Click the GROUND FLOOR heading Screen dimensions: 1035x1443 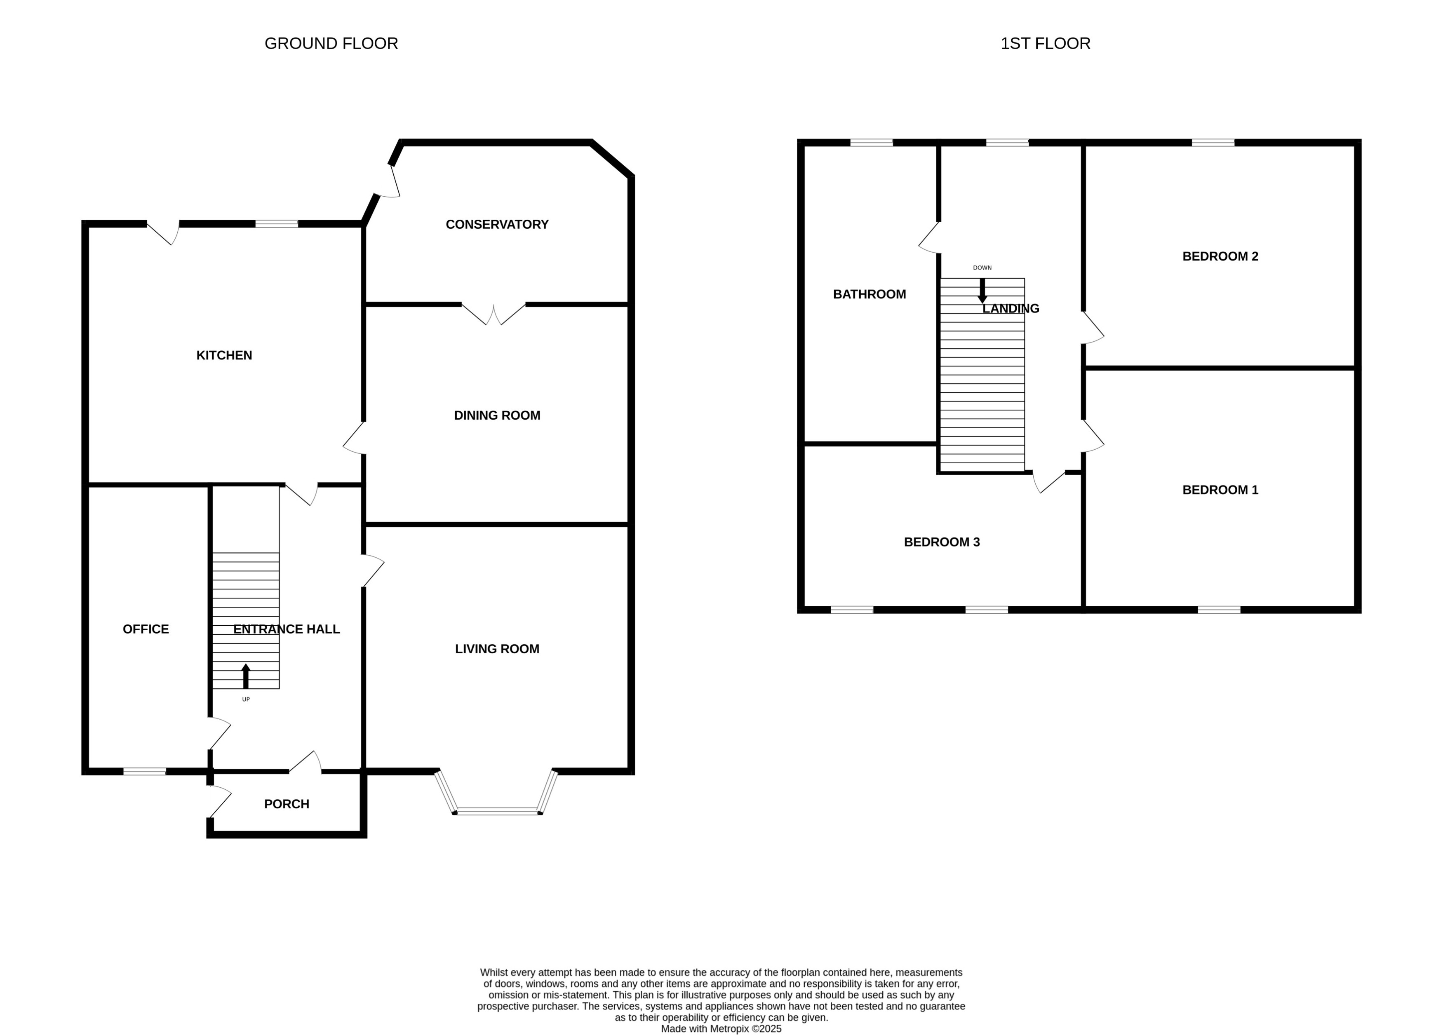331,43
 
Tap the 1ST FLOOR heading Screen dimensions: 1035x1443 1045,43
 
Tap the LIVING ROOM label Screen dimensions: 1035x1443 497,649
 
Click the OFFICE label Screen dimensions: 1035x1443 146,629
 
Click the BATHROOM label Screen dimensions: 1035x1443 869,294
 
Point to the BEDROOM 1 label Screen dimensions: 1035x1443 1220,490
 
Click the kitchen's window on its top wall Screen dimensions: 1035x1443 276,224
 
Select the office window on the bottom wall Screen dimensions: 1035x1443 144,772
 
